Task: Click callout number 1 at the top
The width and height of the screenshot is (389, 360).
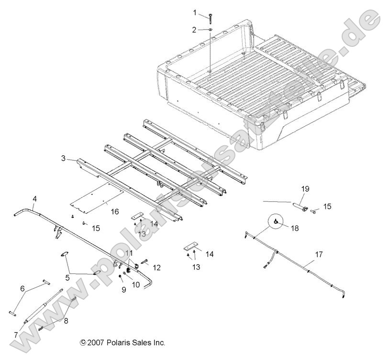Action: click(x=195, y=11)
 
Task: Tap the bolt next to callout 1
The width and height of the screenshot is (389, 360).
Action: click(x=211, y=17)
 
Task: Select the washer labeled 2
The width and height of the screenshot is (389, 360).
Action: click(x=211, y=30)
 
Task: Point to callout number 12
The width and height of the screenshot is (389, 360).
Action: click(x=156, y=267)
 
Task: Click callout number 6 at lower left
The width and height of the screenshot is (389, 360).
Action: click(x=22, y=288)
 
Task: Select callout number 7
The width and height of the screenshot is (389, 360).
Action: click(x=16, y=335)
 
